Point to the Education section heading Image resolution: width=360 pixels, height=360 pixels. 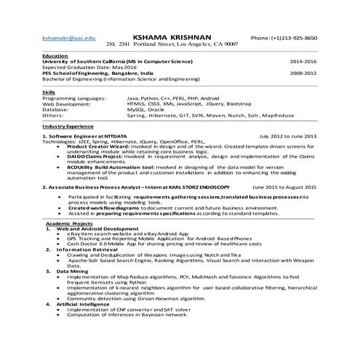(55, 55)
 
